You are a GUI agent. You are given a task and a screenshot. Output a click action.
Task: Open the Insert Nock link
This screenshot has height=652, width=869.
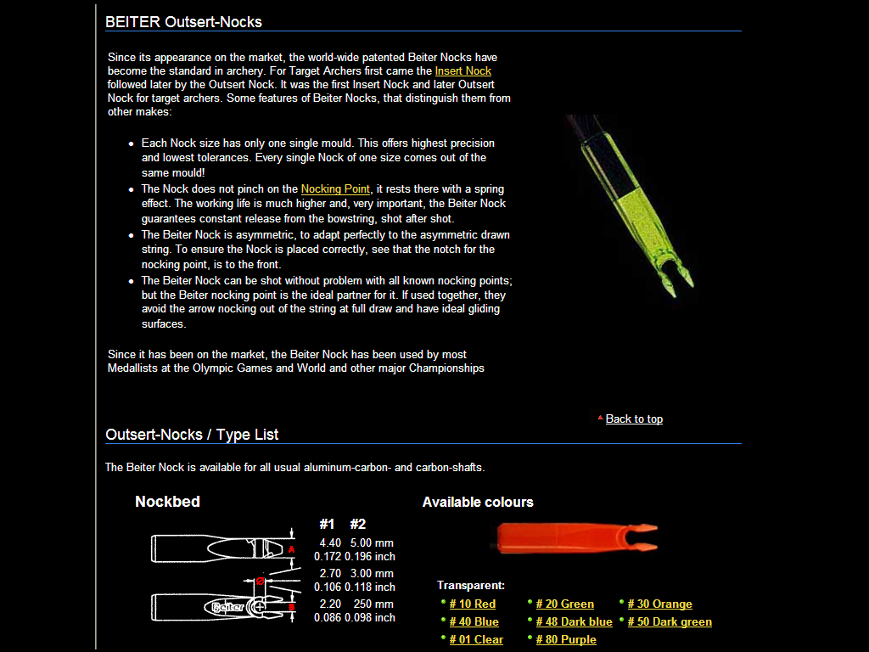pos(463,70)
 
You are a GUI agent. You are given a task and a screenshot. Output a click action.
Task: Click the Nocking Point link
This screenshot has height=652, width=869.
pos(335,188)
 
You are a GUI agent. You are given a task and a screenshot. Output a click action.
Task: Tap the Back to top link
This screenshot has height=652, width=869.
pos(634,419)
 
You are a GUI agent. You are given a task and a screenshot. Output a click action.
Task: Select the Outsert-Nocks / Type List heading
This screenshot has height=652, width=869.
pos(192,434)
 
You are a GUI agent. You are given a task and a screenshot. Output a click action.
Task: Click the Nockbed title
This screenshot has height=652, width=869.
pos(167,502)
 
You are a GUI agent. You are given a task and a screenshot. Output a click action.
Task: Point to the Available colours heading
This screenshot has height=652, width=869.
pos(478,502)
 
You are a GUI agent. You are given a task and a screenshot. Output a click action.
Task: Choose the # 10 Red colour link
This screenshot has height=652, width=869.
pos(473,604)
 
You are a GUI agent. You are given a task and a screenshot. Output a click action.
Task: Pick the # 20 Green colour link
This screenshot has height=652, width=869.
pos(564,604)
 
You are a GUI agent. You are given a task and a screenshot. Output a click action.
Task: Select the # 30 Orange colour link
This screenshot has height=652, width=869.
pos(659,604)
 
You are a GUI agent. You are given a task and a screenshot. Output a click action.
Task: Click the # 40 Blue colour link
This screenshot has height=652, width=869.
pos(474,621)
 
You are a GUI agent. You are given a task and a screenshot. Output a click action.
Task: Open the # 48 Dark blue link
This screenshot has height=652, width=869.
pos(574,621)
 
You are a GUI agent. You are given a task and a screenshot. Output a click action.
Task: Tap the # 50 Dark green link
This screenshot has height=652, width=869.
pos(670,621)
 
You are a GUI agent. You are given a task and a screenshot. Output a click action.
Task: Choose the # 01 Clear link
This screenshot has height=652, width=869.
pos(476,639)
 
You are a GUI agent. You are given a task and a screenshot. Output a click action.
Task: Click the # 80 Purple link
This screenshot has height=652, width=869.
pos(566,639)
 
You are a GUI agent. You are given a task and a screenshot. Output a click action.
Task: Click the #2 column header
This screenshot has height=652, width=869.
pos(357,524)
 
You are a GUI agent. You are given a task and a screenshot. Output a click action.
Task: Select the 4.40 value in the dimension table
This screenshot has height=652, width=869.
pos(329,542)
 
